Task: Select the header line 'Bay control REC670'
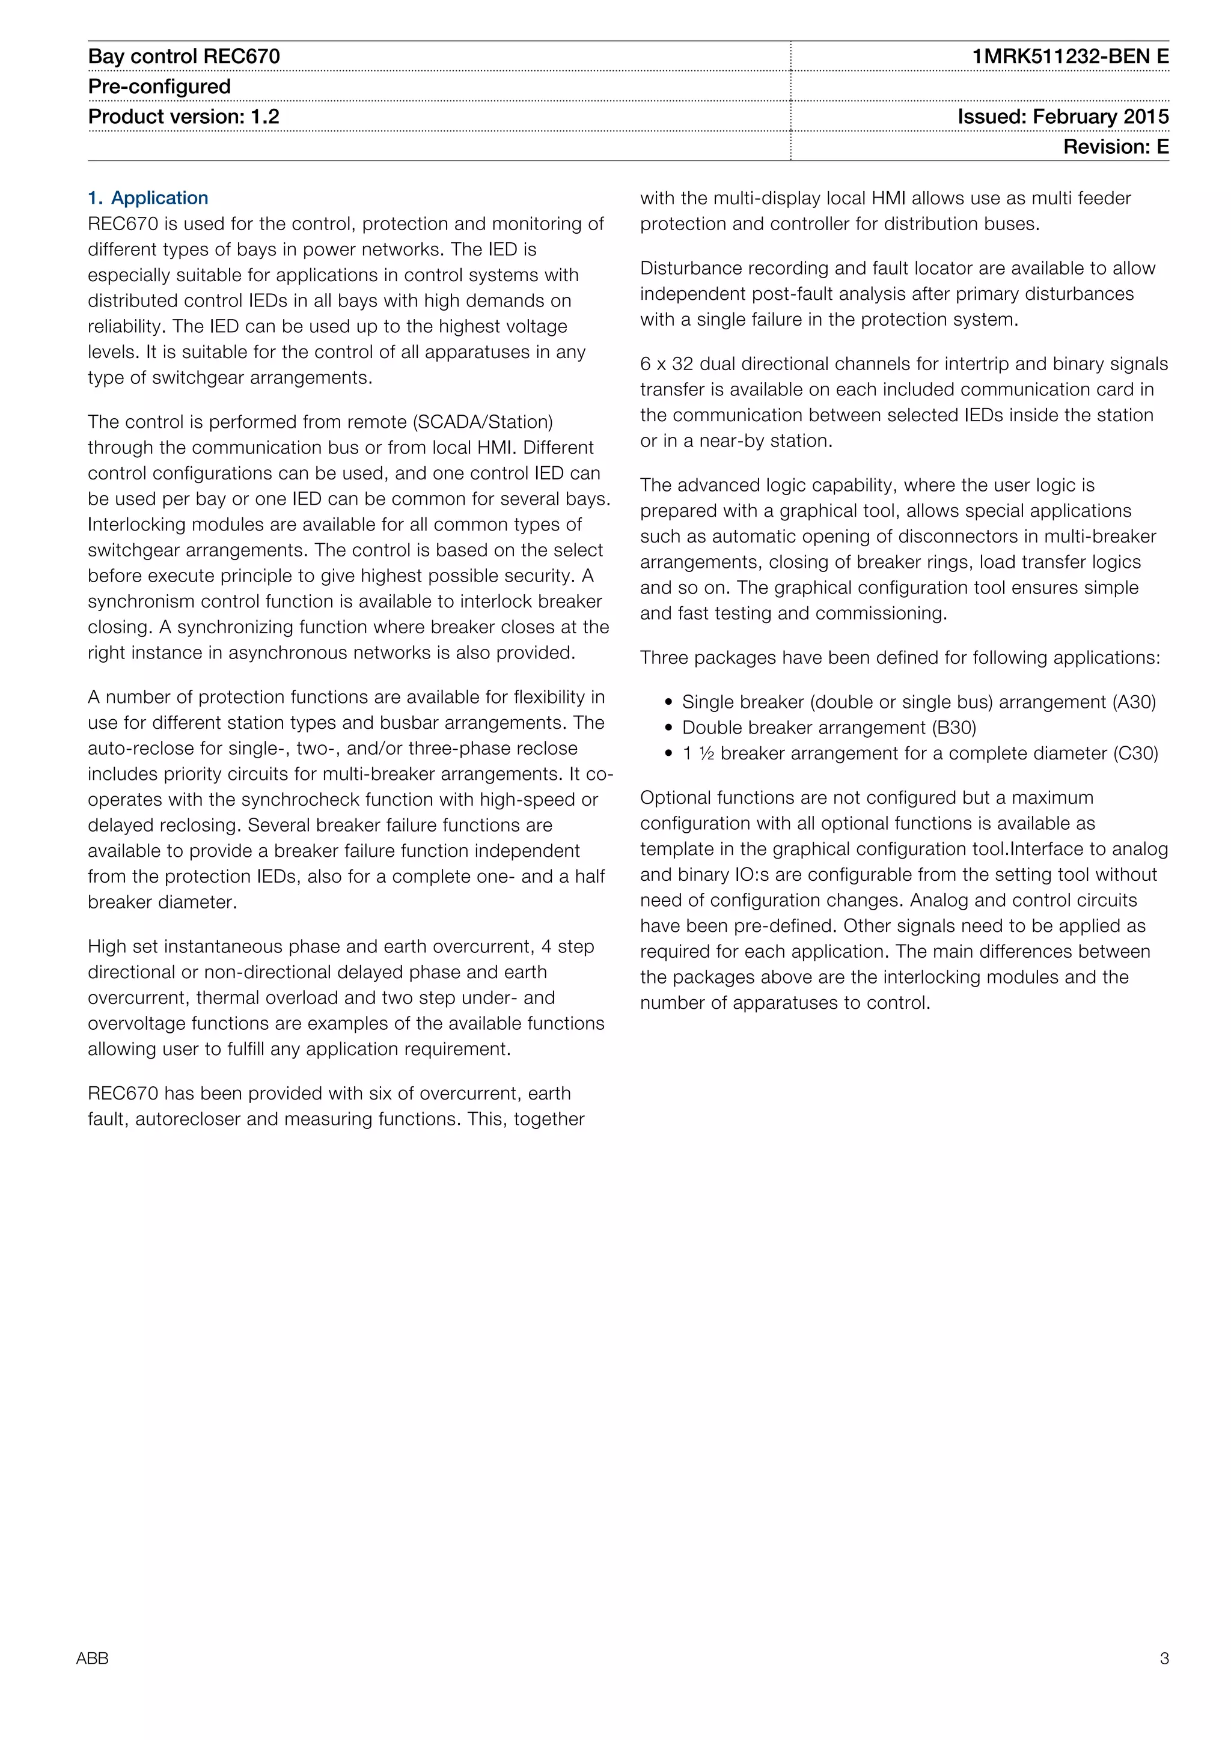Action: point(184,57)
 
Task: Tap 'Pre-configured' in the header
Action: point(159,87)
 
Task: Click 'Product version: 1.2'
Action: point(183,117)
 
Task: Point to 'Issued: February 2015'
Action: point(1062,117)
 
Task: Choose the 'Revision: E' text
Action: point(1115,147)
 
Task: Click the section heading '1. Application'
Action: point(148,198)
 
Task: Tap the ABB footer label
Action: point(93,1658)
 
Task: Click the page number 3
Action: point(1164,1658)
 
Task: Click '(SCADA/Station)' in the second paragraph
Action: point(482,422)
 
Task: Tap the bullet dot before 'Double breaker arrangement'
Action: point(668,728)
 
